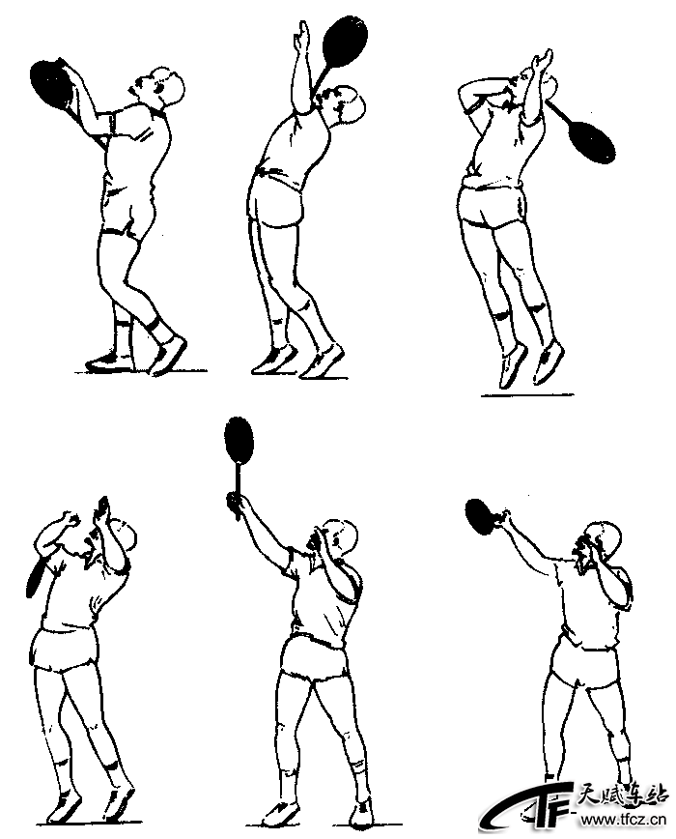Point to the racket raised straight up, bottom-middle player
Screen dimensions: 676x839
pos(239,455)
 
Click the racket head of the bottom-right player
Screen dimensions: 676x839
pos(481,517)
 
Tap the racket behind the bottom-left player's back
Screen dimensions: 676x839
pos(38,575)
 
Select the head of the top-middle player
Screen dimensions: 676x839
pos(348,104)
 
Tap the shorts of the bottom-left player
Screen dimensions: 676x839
pos(64,651)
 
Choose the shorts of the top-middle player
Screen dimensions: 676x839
pos(276,199)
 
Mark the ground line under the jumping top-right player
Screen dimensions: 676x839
pos(527,395)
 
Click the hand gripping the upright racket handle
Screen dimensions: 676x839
pos(234,504)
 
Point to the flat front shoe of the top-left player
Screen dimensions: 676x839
pos(109,362)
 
